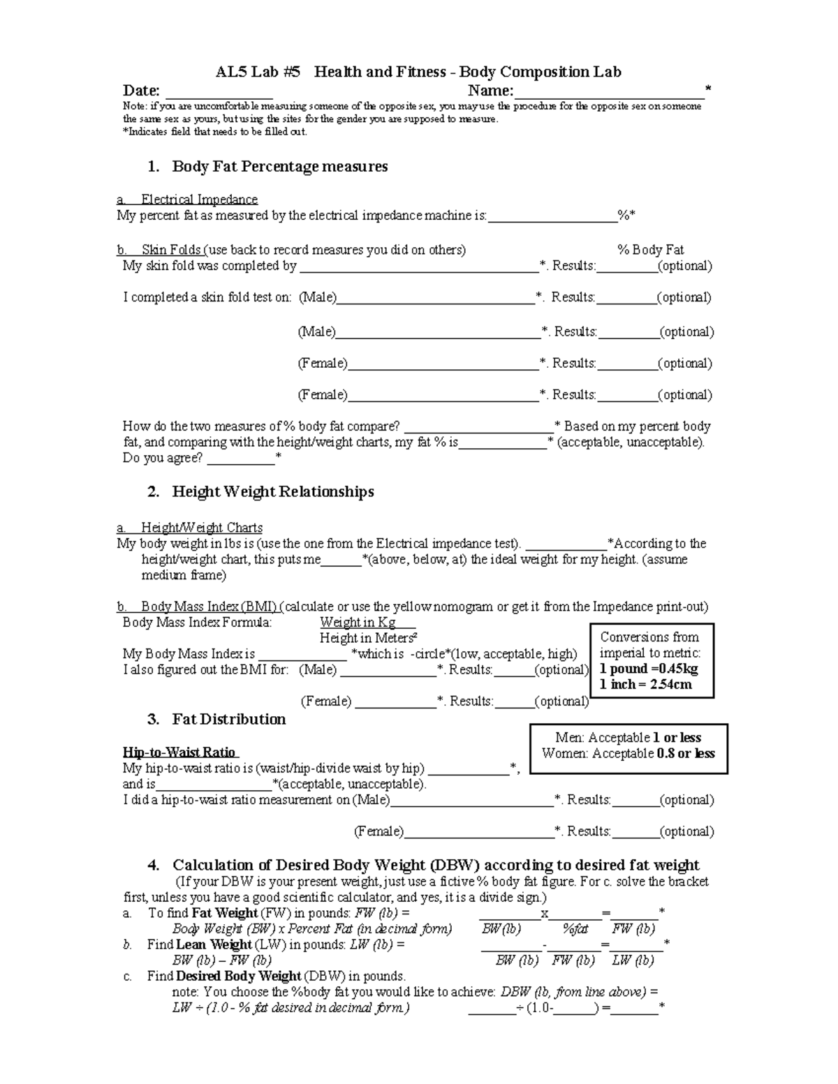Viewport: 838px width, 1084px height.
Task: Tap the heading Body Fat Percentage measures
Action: coord(279,167)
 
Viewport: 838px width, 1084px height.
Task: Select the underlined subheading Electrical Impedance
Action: coord(199,200)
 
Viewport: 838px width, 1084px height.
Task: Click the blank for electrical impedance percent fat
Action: coord(552,216)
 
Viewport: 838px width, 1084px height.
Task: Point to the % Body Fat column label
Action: coord(650,250)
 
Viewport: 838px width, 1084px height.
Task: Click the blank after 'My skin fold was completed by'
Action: coord(418,267)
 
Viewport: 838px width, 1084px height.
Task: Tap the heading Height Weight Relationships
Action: coord(272,492)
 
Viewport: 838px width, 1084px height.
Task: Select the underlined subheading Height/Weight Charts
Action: coord(201,528)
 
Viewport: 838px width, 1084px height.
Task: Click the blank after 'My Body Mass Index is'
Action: coord(302,655)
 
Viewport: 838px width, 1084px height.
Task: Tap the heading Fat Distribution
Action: coord(228,720)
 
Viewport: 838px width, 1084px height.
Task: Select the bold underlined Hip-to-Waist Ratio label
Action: coord(179,752)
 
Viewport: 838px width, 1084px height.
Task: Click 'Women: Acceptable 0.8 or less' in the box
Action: coord(628,754)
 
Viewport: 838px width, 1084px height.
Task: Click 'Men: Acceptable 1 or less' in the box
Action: coord(628,738)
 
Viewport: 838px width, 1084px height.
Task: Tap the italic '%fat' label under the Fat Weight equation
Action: coord(575,929)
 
